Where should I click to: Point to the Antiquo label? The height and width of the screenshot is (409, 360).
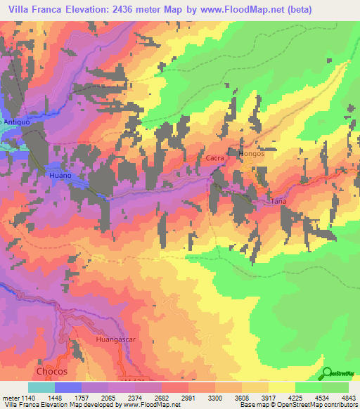click(14, 122)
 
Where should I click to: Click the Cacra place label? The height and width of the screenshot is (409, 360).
click(215, 158)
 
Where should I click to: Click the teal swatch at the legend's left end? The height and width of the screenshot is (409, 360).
click(41, 387)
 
